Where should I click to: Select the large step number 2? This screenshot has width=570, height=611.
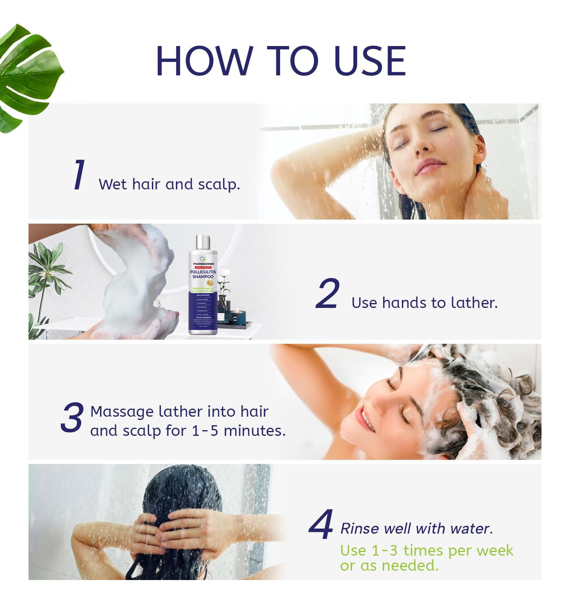tap(327, 294)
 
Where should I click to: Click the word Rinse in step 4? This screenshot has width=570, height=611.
tap(360, 528)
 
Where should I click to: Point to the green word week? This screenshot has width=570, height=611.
tap(495, 551)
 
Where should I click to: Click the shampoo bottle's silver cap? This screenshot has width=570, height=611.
tap(202, 243)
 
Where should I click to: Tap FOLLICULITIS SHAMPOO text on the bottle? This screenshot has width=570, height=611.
tap(203, 274)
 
